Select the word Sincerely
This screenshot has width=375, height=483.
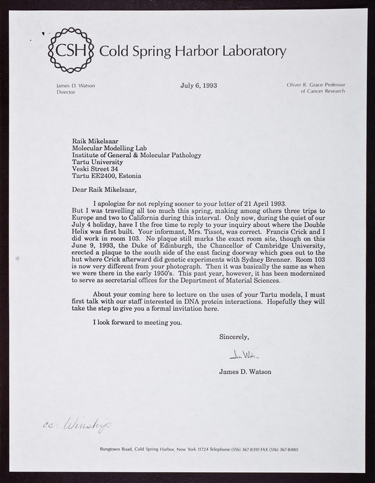233,337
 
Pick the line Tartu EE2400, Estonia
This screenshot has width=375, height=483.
112,178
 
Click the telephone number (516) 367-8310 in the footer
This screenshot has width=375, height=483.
227,449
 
